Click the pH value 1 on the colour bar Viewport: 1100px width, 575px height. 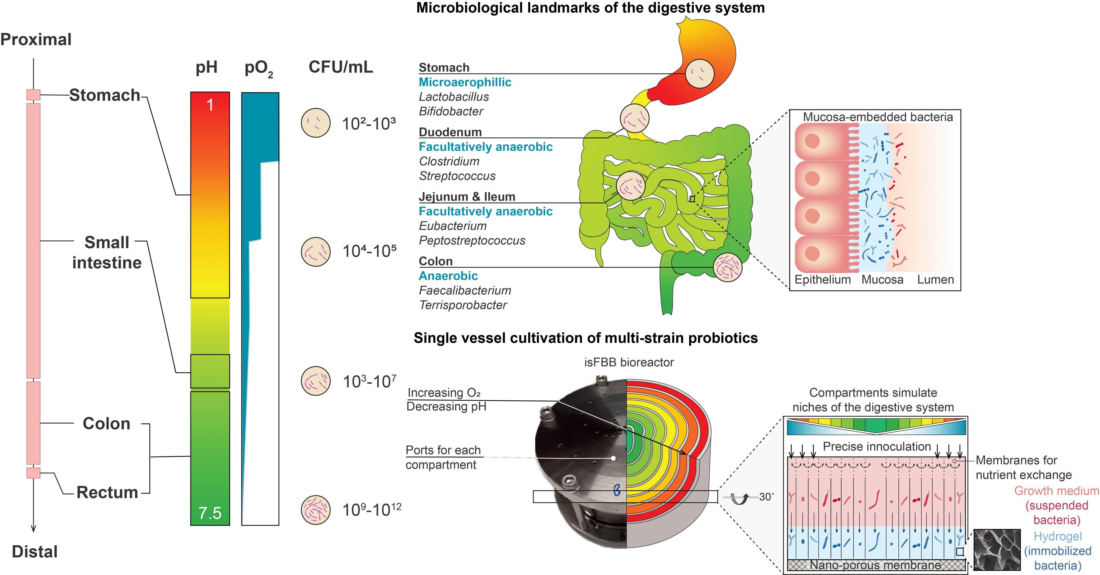click(210, 105)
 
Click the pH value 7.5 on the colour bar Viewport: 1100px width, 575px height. click(210, 513)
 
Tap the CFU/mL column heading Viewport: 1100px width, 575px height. click(340, 67)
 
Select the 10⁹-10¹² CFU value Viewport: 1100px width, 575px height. click(371, 510)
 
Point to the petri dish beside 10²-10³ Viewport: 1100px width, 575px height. click(316, 123)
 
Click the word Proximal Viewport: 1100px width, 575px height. click(36, 39)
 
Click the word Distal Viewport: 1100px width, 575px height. click(34, 552)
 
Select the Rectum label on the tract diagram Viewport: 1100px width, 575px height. click(107, 492)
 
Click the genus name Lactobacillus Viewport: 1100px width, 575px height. click(454, 97)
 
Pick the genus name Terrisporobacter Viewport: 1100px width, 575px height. click(463, 305)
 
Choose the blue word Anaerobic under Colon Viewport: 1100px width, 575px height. click(448, 276)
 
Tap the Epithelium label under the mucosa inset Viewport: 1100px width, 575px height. click(823, 280)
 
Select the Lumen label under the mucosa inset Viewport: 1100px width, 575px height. click(935, 280)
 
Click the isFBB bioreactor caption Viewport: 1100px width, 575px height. click(628, 362)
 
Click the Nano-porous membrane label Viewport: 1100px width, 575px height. click(875, 565)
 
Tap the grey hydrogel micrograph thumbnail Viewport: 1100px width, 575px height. click(996, 550)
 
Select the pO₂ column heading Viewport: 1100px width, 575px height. click(258, 69)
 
